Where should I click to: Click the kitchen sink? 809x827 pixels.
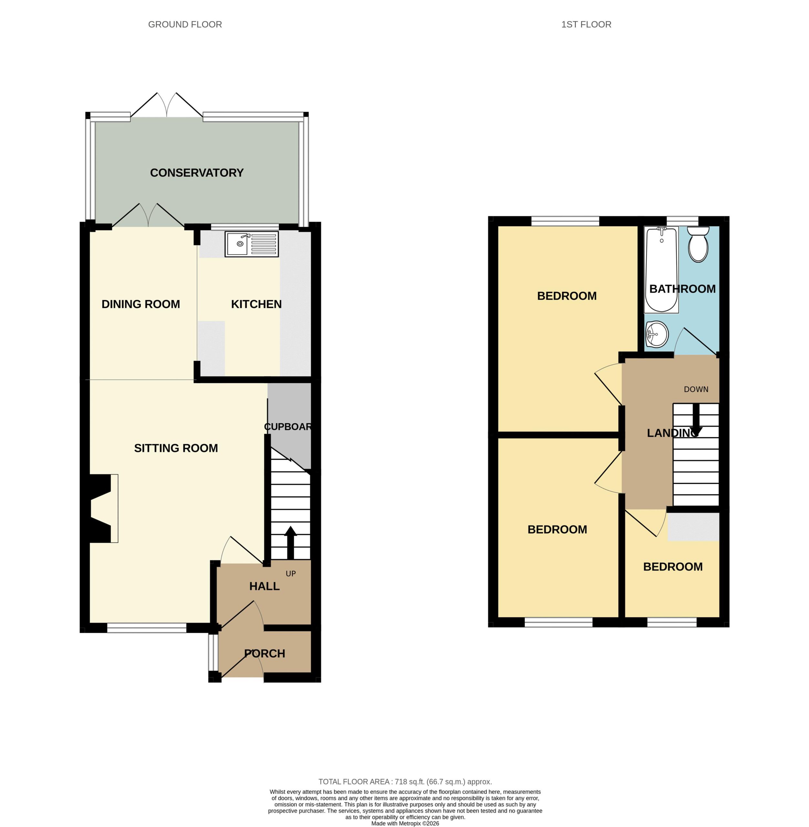pos(252,244)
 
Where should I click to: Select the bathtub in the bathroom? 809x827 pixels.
pos(661,269)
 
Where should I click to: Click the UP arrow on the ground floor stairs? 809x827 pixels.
pos(291,542)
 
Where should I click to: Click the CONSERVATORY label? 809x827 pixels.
pos(197,173)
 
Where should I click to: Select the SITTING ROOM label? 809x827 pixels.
pos(176,448)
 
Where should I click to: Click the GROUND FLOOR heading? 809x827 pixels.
pos(185,25)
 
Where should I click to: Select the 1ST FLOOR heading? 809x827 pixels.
pos(586,25)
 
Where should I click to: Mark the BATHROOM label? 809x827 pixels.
pos(682,289)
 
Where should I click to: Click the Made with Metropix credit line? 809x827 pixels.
pos(405,823)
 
